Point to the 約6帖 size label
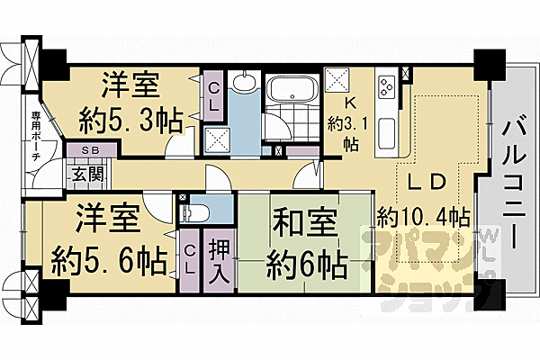pos(307,264)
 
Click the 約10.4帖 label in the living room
pos(423,217)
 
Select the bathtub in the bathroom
pos(290,90)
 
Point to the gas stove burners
pos(388,88)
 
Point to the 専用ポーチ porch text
pos(35,136)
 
